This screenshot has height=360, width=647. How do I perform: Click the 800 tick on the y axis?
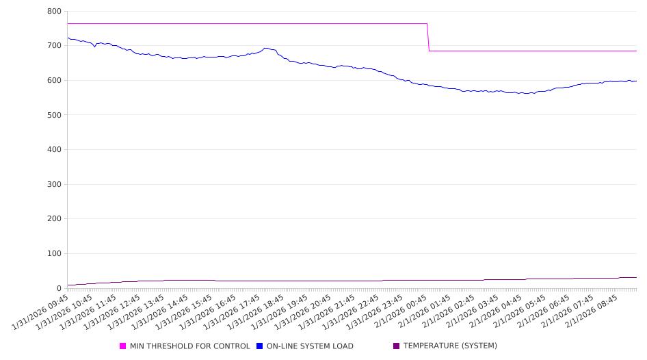(55, 12)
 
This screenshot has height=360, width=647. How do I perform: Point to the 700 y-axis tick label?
(55, 46)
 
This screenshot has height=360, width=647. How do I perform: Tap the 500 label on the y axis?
(55, 115)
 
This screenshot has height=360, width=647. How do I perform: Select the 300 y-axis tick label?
(55, 184)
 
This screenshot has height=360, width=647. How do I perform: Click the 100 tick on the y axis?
(55, 254)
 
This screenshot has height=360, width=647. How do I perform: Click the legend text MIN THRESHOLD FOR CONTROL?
(189, 346)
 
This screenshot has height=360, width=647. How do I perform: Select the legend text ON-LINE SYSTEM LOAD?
(310, 346)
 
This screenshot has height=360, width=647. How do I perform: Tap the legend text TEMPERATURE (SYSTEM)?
(450, 346)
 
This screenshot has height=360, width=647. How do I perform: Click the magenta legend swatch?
(123, 346)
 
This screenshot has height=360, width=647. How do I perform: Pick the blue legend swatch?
(260, 346)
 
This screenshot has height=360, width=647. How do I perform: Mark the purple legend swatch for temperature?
(397, 346)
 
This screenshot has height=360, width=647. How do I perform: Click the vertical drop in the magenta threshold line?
(428, 38)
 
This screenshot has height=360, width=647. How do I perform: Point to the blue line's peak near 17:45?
(265, 48)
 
